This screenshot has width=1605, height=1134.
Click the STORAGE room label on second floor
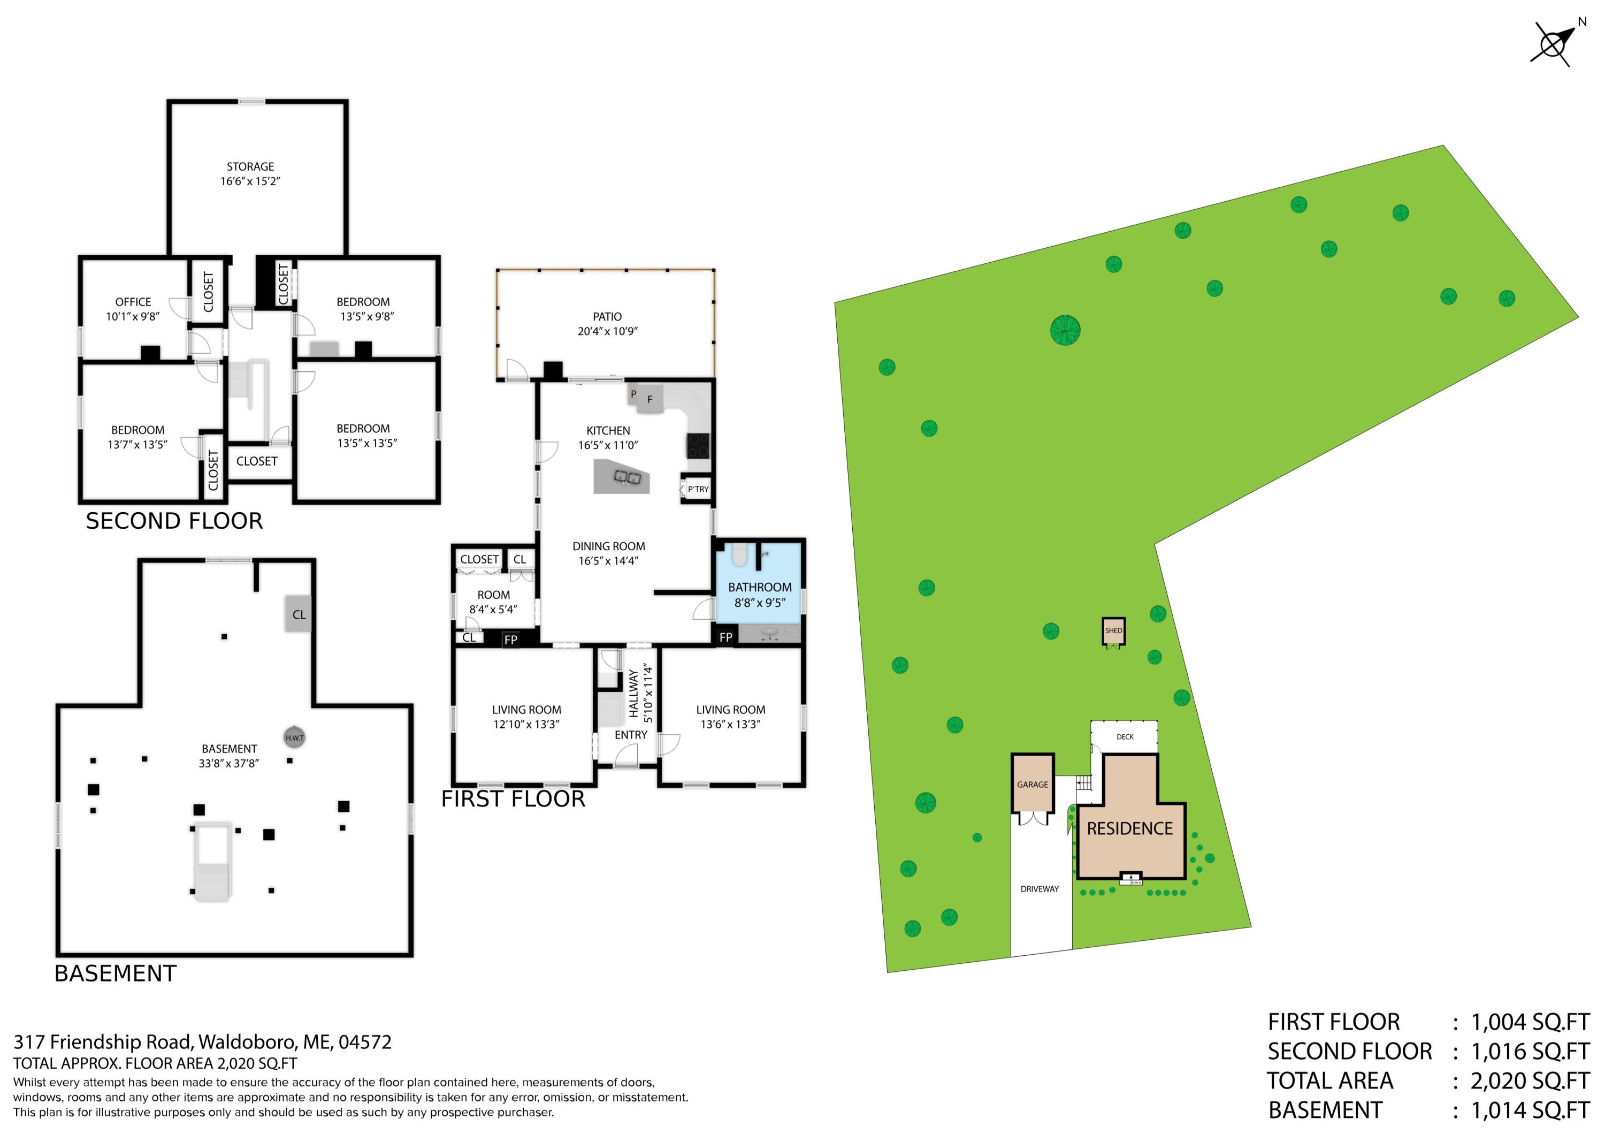click(250, 167)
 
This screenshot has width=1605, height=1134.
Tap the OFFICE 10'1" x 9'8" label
click(133, 309)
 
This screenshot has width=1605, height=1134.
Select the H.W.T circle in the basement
click(294, 737)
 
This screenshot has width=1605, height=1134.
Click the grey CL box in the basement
click(299, 614)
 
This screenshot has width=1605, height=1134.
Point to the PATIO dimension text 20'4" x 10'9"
click(607, 331)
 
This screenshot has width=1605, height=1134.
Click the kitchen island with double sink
click(622, 477)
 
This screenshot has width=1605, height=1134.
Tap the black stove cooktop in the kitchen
click(698, 445)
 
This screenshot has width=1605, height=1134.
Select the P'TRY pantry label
click(698, 489)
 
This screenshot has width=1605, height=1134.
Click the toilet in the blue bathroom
click(739, 556)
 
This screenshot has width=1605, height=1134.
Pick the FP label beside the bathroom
click(725, 637)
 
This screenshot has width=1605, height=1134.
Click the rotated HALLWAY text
click(633, 694)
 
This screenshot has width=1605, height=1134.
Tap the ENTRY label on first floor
click(631, 735)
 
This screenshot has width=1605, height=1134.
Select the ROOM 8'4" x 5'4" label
click(493, 602)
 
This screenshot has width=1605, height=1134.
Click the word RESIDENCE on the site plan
click(1129, 828)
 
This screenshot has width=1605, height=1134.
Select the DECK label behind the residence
click(1125, 737)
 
